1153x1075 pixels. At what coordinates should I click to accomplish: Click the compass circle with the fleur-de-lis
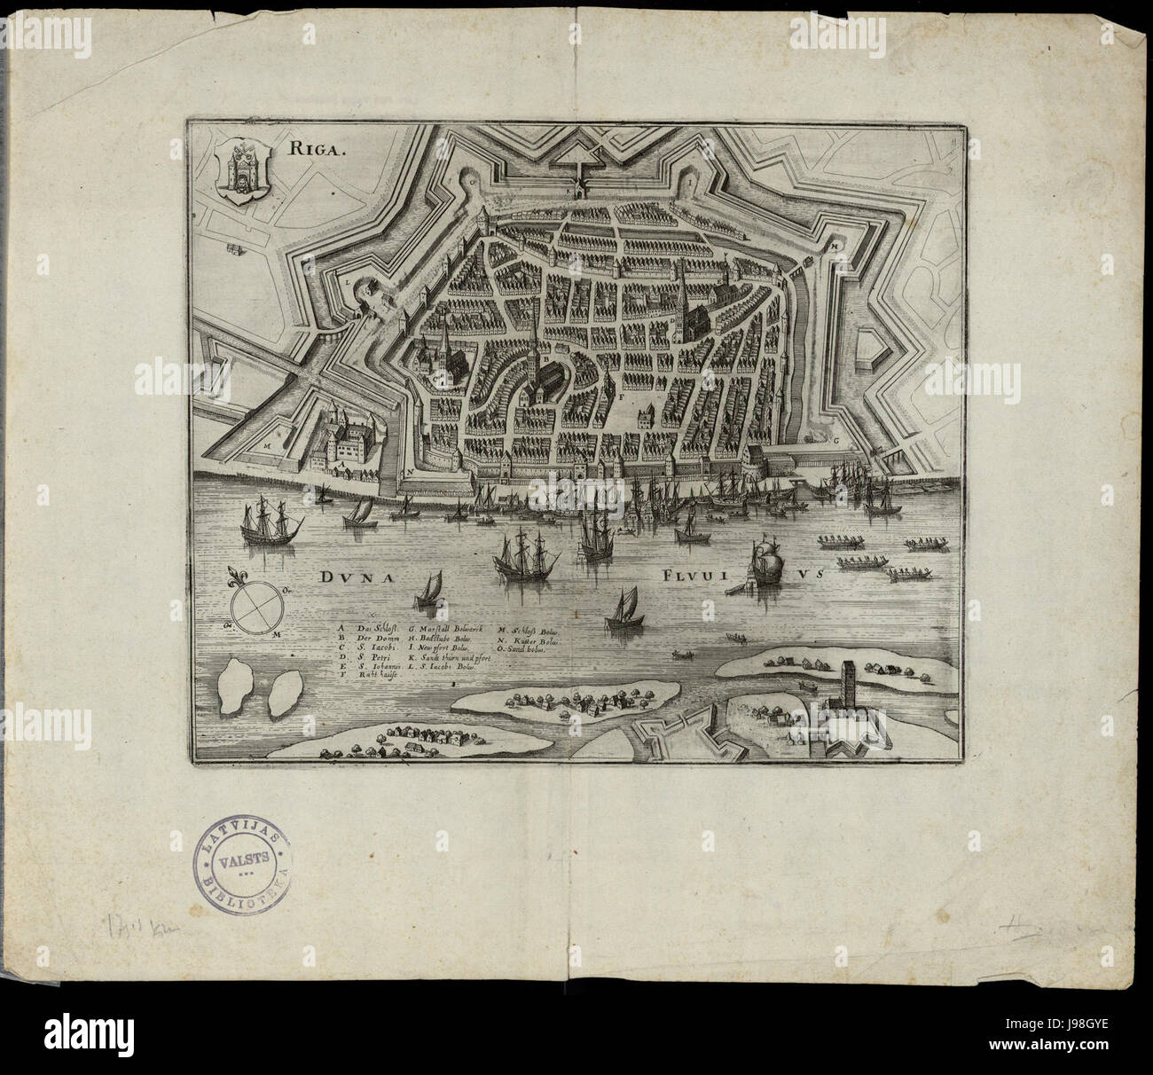pyautogui.click(x=255, y=608)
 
